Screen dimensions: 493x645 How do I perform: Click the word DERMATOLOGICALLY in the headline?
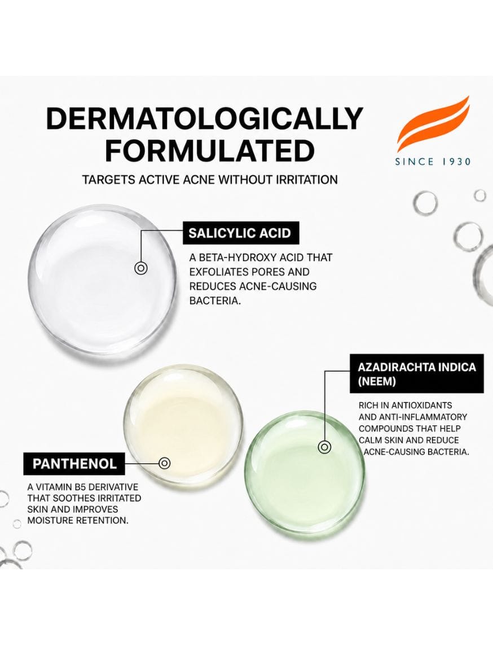pyautogui.click(x=205, y=119)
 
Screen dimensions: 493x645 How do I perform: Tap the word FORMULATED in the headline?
pyautogui.click(x=209, y=150)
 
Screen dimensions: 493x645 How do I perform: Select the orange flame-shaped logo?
pyautogui.click(x=433, y=123)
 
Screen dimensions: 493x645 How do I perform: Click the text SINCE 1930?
pyautogui.click(x=433, y=162)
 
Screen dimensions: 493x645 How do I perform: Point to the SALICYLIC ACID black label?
pyautogui.click(x=241, y=233)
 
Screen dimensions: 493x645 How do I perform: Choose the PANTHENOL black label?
pyautogui.click(x=74, y=464)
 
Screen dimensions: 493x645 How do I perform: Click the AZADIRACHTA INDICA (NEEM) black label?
pyautogui.click(x=417, y=374)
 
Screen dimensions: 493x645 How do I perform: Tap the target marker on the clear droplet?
pyautogui.click(x=141, y=268)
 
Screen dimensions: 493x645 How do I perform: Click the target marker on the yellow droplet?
pyautogui.click(x=165, y=463)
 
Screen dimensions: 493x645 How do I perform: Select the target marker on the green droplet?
pyautogui.click(x=324, y=447)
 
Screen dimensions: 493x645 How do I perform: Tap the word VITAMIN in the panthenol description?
pyautogui.click(x=61, y=487)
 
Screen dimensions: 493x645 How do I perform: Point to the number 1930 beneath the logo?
pyautogui.click(x=456, y=162)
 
